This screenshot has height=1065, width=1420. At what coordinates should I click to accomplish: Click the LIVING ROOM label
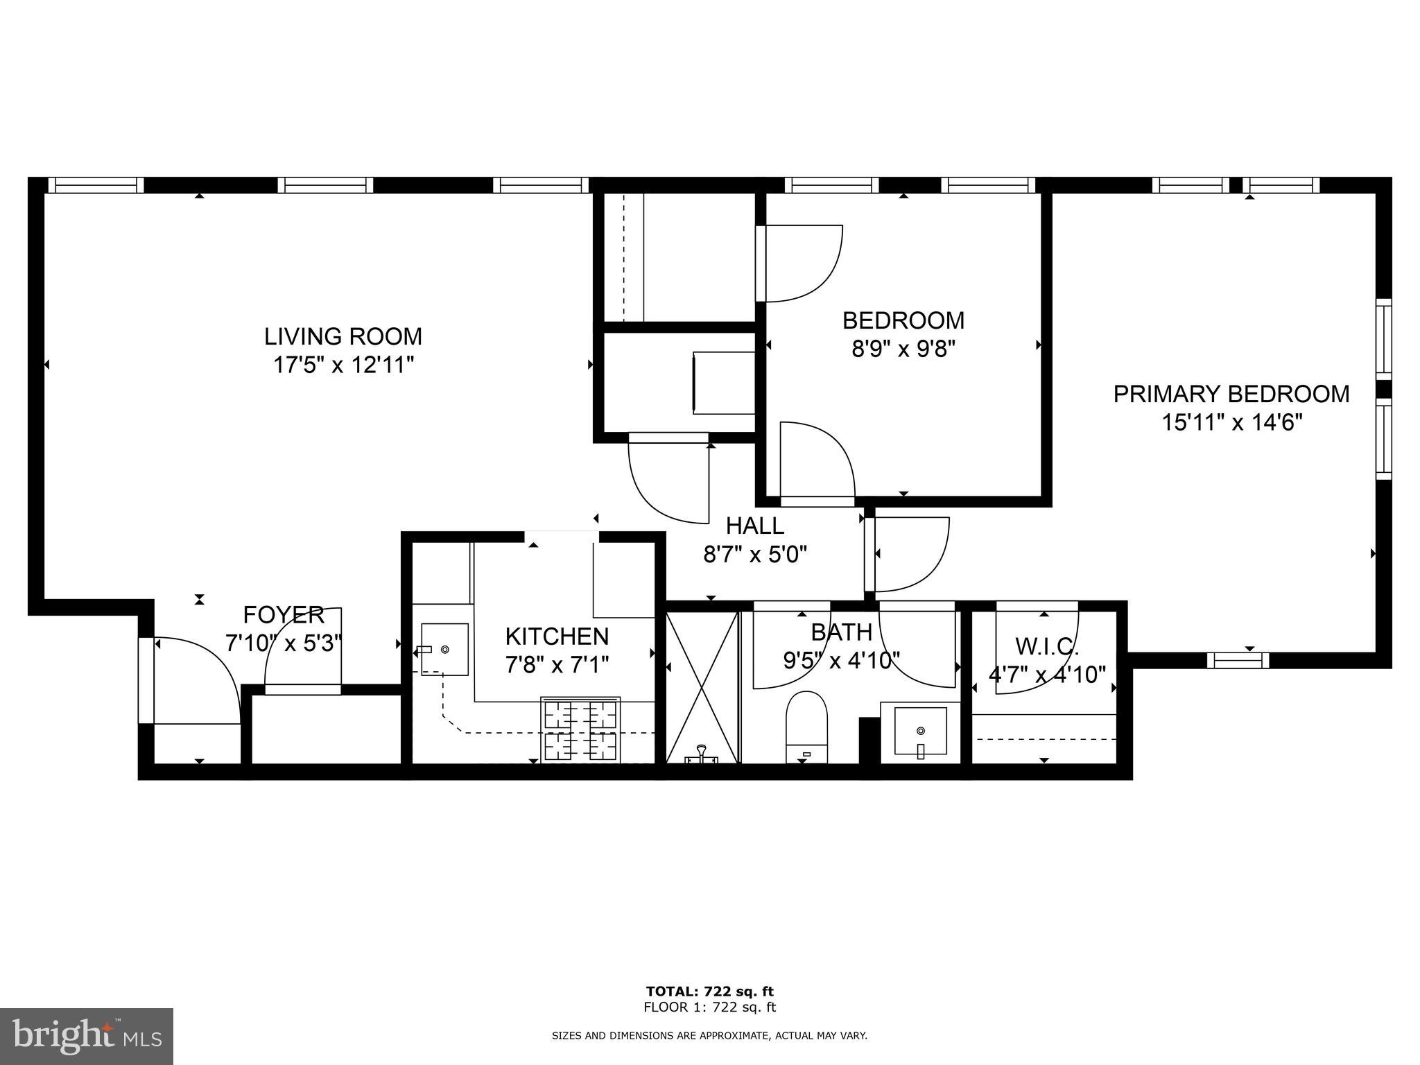343,336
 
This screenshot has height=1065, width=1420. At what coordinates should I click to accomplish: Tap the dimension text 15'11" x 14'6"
1231,422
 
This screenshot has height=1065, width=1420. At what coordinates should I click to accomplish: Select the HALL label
755,526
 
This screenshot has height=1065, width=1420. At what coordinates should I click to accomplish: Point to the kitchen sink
444,650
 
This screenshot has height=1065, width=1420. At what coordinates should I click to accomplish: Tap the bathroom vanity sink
920,731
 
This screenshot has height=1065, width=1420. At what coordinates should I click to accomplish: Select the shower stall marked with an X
702,686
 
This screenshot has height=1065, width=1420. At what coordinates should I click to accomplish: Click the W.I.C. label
1046,646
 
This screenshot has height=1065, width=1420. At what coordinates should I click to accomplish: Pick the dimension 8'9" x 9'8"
903,349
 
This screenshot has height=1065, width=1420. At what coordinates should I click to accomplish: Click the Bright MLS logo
87,1036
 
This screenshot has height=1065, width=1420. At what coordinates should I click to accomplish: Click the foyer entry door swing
196,679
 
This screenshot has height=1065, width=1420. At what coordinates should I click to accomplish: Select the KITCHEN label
557,636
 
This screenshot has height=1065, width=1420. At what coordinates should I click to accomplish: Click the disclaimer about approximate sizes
709,1036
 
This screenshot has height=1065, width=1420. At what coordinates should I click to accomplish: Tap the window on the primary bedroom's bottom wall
1238,661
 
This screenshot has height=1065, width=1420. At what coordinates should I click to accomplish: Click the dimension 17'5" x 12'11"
343,365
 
